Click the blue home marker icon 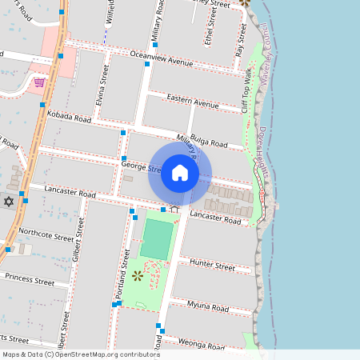click(180, 173)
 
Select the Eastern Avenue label click(193, 103)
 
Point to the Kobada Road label click(70, 117)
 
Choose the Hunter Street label click(212, 266)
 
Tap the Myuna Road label click(208, 306)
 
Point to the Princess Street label click(30, 279)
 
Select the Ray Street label click(239, 38)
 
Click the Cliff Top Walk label click(248, 90)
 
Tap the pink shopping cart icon click(38, 82)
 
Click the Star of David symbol click(9, 200)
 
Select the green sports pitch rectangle click(157, 238)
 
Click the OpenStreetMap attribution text click(80, 354)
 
